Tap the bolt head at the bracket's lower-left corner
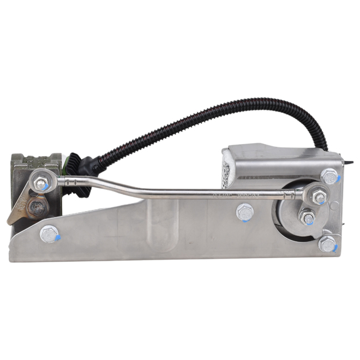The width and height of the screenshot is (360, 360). (49, 233)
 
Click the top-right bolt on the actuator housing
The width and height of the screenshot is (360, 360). (329, 176)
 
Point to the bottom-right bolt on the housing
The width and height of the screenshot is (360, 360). (328, 244)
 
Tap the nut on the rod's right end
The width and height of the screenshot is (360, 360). (318, 192)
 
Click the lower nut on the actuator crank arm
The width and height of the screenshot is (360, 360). (309, 218)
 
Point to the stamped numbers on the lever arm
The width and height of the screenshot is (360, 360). (23, 206)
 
